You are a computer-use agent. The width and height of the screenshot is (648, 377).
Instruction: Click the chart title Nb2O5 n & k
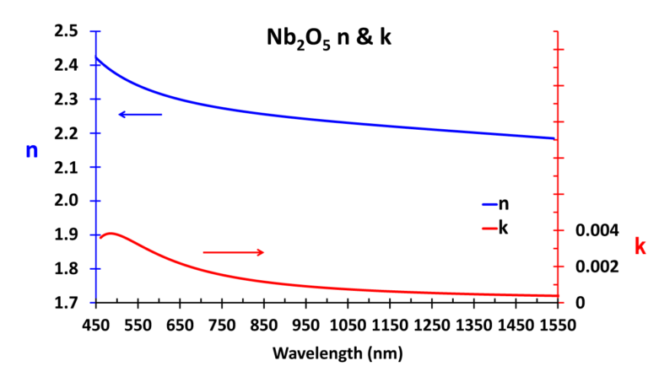click(x=324, y=39)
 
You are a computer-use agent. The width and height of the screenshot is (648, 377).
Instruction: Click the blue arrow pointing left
click(x=139, y=114)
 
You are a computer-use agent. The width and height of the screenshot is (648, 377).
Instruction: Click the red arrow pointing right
click(x=234, y=252)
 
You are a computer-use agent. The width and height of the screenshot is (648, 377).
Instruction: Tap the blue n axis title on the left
click(x=32, y=151)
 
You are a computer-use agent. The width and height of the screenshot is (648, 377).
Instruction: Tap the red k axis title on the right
click(x=639, y=246)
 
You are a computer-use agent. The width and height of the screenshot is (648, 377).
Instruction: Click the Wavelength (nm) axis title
click(x=325, y=352)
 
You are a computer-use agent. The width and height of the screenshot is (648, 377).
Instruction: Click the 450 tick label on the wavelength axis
click(x=95, y=325)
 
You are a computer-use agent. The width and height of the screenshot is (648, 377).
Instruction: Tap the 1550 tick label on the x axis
click(x=555, y=325)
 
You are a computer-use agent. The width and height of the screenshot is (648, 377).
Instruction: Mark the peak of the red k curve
click(x=111, y=234)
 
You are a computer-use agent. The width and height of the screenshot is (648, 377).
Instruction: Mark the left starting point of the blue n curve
click(x=96, y=58)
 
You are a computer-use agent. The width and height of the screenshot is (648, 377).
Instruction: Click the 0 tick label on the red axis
click(x=580, y=302)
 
